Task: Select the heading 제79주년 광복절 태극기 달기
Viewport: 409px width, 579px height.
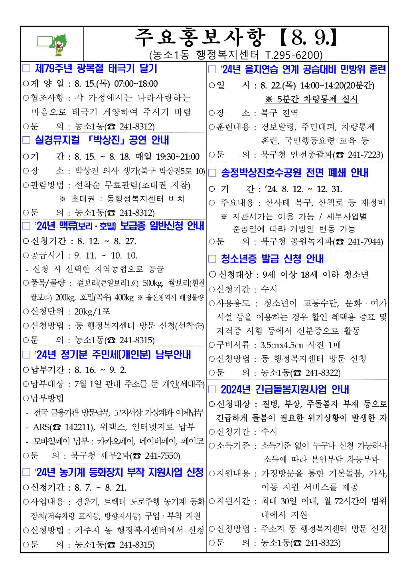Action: [x=96, y=68]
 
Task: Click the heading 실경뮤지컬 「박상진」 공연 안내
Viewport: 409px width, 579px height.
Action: [x=102, y=140]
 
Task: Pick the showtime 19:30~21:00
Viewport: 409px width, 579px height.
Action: [x=174, y=157]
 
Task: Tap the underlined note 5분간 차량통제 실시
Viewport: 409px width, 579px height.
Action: [x=311, y=99]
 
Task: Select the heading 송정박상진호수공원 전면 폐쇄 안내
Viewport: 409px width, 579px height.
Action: [x=294, y=173]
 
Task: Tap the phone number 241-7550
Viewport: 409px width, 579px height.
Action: [x=161, y=456]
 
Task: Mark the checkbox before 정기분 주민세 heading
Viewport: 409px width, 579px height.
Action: [x=26, y=355]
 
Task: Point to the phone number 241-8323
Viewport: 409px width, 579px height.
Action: [x=322, y=543]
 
